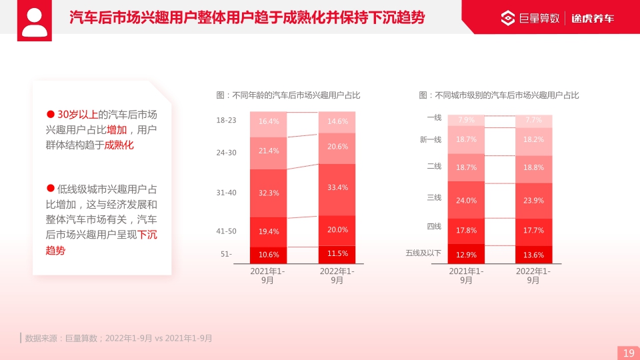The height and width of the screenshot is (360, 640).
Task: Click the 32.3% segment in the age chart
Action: click(269, 193)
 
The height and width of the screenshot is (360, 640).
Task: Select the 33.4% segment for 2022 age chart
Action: click(337, 188)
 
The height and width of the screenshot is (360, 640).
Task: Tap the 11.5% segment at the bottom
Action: click(337, 254)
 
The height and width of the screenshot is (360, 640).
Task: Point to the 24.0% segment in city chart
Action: click(466, 200)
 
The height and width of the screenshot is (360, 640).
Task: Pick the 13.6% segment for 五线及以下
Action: click(533, 255)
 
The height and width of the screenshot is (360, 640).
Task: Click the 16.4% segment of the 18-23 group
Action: click(269, 121)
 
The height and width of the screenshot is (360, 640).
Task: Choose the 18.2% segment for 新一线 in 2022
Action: click(533, 140)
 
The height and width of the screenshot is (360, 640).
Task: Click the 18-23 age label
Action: click(226, 121)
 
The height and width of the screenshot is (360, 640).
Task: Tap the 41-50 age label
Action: click(226, 231)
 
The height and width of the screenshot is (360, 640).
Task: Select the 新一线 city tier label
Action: click(430, 139)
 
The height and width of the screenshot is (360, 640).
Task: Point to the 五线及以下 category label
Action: click(423, 253)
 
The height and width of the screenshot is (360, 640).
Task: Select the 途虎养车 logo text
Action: click(593, 18)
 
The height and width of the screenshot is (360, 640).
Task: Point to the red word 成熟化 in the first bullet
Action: click(119, 145)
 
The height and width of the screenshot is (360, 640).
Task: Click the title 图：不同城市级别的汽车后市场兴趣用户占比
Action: click(499, 95)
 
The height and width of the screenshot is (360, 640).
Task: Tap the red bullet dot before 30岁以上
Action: click(50, 114)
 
